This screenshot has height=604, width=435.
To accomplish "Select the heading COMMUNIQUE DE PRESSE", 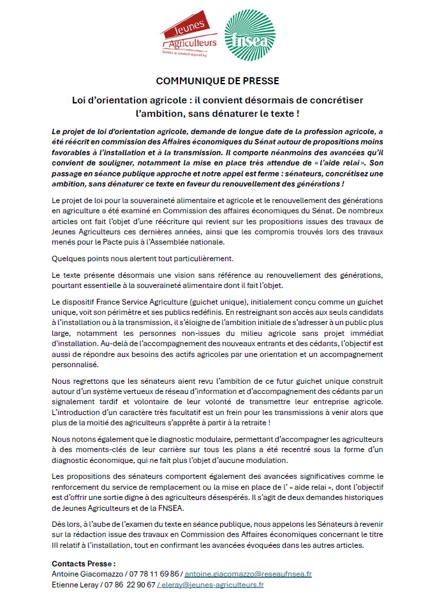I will (x=217, y=82).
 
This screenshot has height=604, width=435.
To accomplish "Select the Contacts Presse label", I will (x=84, y=564).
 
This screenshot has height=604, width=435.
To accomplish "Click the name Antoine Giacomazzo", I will (x=88, y=574).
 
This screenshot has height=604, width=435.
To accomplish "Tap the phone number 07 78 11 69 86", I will (x=156, y=574).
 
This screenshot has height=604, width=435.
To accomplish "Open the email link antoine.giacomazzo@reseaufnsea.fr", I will (x=247, y=574).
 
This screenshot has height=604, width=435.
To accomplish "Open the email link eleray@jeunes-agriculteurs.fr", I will (x=211, y=584).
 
